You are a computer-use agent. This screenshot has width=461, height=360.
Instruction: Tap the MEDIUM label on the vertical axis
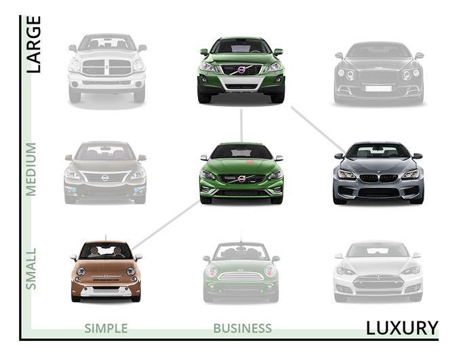pos(31,169)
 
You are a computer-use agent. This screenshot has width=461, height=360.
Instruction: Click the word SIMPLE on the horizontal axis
pos(106,329)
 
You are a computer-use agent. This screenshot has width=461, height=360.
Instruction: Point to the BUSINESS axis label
pos(242,329)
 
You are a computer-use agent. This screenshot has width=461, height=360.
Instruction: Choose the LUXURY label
pos(402,328)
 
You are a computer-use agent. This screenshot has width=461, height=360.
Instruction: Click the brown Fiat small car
pos(106,271)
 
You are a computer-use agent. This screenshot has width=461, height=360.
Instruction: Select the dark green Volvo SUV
pos(241,70)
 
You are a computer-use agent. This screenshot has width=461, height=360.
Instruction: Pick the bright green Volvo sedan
pos(241,174)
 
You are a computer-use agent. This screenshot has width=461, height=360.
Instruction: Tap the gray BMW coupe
pos(378,174)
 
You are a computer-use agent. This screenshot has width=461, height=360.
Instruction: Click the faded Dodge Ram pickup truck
pos(106,68)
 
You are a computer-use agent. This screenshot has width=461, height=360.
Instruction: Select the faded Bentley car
pos(378,72)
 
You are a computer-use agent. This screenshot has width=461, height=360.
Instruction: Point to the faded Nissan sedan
pos(105,172)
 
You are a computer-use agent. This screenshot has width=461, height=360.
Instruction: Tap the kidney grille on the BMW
pos(378,178)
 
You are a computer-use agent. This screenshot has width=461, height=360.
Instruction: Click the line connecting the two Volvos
pos(241,125)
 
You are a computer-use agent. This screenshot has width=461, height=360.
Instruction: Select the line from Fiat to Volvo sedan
pos(166,224)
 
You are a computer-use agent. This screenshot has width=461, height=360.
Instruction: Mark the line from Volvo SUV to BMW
pos(319,129)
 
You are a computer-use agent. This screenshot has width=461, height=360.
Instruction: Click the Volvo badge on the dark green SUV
pos(241,70)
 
